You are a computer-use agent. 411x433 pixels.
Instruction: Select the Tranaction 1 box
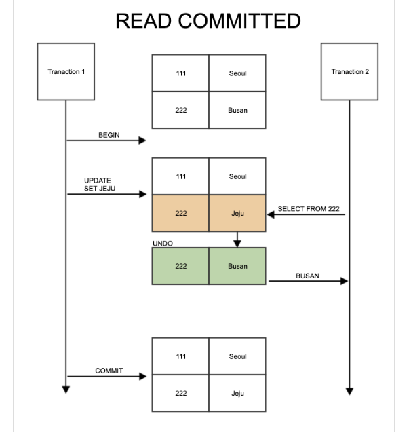66,72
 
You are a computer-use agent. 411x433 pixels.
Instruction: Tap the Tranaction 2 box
349,72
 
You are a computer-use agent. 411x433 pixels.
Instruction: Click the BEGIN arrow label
109,135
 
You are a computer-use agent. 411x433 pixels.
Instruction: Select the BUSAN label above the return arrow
307,276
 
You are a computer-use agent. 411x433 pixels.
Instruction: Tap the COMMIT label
109,371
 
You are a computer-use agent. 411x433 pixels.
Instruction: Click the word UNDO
163,243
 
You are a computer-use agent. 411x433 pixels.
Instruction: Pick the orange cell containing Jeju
237,213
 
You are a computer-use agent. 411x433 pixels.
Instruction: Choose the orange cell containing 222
180,213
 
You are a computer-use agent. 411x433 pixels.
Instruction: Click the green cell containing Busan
237,266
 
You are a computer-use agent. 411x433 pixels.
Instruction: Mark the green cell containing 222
180,266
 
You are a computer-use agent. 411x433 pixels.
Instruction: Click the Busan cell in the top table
237,110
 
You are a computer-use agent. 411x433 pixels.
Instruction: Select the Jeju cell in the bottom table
237,393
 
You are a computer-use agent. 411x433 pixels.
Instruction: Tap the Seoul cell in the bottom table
237,356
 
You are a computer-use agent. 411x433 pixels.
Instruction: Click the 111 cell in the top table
180,73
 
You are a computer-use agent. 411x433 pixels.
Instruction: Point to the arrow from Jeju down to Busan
237,240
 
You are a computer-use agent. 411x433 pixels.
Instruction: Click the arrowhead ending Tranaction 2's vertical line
349,390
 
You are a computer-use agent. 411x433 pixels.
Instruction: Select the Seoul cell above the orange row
237,176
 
